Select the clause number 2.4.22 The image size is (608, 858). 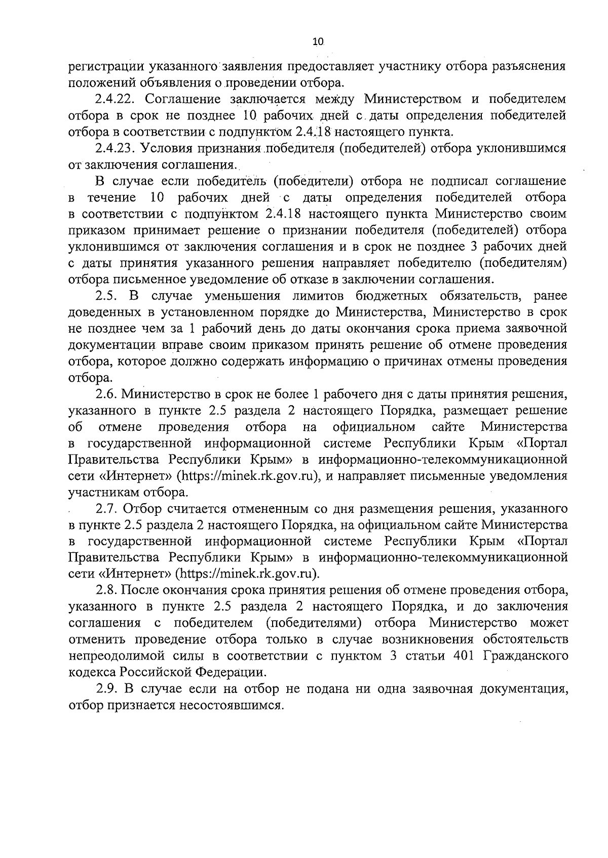click(x=114, y=99)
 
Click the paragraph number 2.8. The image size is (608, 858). click(x=106, y=590)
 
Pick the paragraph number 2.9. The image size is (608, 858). click(x=106, y=689)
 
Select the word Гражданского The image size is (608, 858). click(x=526, y=657)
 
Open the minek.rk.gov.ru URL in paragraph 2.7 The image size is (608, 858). click(x=247, y=574)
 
